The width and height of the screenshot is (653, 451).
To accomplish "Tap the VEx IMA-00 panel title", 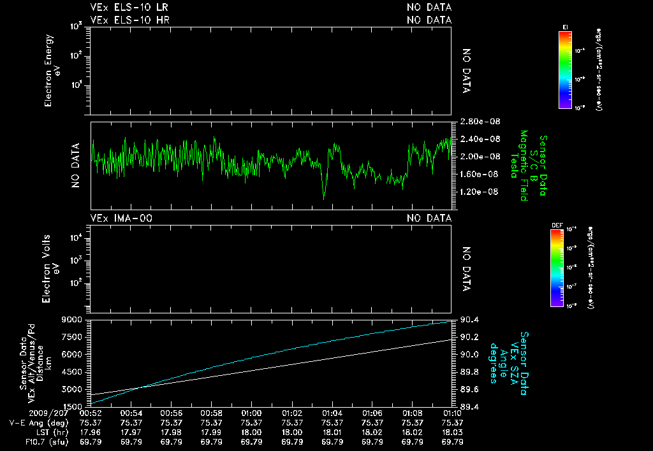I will pyautogui.click(x=121, y=218).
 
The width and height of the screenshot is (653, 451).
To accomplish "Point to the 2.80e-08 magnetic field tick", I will pyautogui.click(x=474, y=122).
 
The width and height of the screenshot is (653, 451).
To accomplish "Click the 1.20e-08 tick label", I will pyautogui.click(x=474, y=192).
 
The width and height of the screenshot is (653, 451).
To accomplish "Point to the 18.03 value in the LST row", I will pyautogui.click(x=452, y=431).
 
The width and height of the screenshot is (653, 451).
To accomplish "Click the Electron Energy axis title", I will pyautogui.click(x=54, y=70).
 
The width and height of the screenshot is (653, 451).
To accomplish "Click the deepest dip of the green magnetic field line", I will pyautogui.click(x=324, y=198).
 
